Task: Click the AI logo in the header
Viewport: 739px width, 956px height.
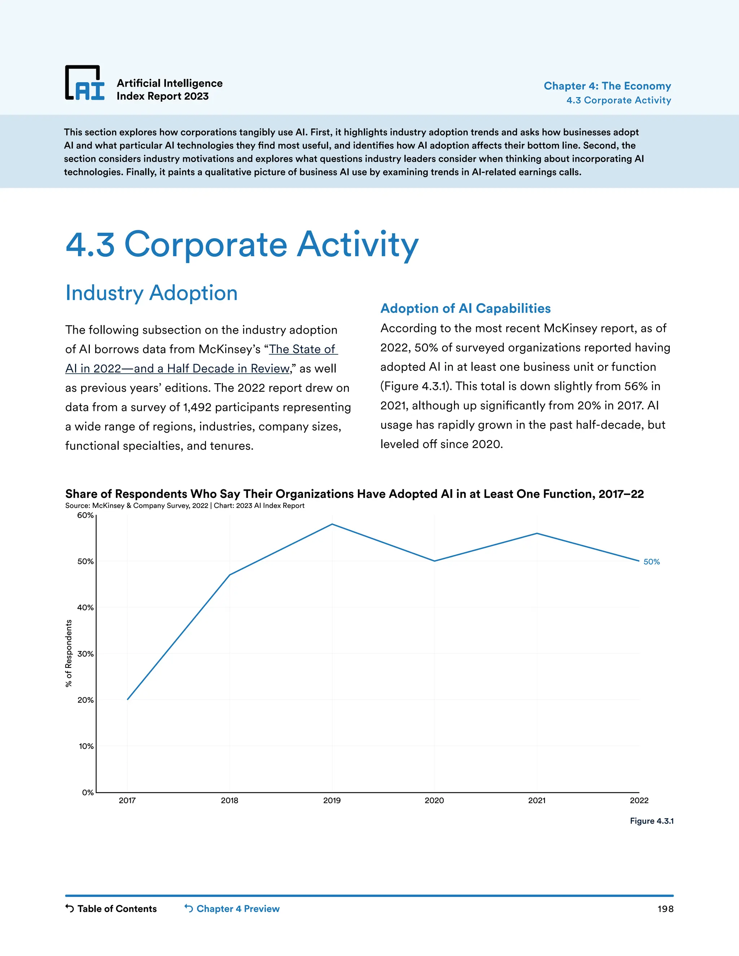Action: (85, 83)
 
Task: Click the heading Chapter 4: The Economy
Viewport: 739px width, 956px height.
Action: (607, 86)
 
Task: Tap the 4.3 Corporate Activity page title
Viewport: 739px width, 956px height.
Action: (242, 244)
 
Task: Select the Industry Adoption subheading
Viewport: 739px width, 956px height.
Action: (152, 293)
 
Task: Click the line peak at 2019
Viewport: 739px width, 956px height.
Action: (332, 524)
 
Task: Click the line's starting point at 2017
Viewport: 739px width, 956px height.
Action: (127, 699)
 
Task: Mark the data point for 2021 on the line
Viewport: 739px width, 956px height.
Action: (537, 533)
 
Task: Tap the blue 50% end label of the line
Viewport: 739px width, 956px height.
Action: (651, 562)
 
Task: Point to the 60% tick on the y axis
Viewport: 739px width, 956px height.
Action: (86, 515)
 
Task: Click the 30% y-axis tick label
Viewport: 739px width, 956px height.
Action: (86, 654)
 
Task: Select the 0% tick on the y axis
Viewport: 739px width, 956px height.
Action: (88, 792)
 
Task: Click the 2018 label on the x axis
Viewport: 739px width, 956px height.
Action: (229, 801)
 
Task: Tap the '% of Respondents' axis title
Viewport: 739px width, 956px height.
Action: (69, 653)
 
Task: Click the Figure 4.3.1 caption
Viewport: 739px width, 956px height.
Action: (651, 821)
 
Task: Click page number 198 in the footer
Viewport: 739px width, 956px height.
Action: (665, 909)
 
